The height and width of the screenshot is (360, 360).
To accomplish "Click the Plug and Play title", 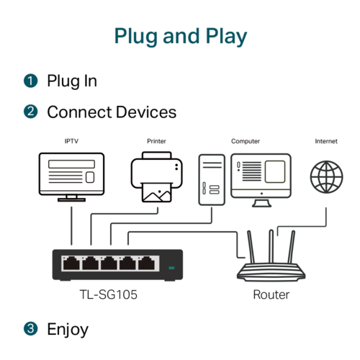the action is [x=181, y=37].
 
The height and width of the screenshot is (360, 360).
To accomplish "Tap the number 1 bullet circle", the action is [x=31, y=81].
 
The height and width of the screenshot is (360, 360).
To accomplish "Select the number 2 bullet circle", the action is [x=31, y=112].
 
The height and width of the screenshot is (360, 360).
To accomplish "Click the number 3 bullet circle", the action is [x=31, y=328].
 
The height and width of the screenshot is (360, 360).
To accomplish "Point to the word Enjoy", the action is [x=68, y=330].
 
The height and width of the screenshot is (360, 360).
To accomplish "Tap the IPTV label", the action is [x=71, y=141].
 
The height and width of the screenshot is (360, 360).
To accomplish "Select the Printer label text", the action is [x=156, y=141].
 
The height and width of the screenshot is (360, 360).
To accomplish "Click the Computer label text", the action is [x=246, y=141].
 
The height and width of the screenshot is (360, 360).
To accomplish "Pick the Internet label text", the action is [x=326, y=141].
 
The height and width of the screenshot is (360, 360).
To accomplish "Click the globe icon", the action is [x=326, y=177].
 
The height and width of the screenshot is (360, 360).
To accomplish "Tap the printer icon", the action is [x=157, y=177].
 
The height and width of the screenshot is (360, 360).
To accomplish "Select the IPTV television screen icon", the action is [x=71, y=177].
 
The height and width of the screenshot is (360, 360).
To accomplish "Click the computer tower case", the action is [x=212, y=180].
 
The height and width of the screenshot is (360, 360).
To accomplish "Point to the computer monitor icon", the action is [x=261, y=180].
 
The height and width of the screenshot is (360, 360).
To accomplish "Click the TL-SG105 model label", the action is [x=109, y=294].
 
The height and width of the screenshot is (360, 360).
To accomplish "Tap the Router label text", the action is [x=271, y=294].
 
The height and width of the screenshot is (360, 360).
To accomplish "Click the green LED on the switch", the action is [x=171, y=268].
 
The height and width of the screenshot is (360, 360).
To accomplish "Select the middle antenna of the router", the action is [x=271, y=246].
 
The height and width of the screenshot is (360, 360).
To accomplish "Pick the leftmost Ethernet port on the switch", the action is [x=71, y=264].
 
